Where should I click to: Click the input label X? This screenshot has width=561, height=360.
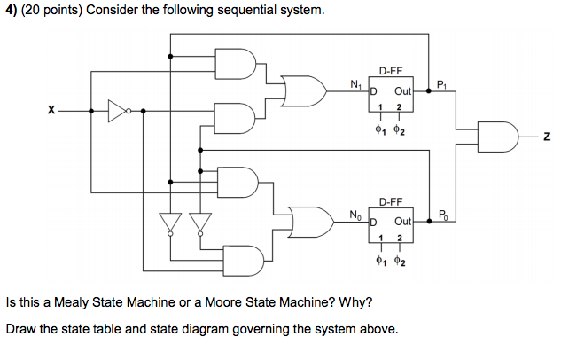point(52,111)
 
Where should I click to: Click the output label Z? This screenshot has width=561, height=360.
point(547,136)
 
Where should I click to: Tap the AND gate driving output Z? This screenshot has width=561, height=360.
point(494,135)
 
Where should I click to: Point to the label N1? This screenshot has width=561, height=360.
point(355,84)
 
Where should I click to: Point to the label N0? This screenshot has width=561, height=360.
point(355,215)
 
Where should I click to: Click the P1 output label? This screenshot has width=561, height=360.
point(442,84)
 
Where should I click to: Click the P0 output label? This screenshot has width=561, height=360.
point(442,215)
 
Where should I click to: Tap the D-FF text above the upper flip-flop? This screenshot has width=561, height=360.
point(391,70)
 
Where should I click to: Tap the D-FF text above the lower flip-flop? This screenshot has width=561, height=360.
point(391,202)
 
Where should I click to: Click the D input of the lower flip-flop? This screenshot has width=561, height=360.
point(373,222)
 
